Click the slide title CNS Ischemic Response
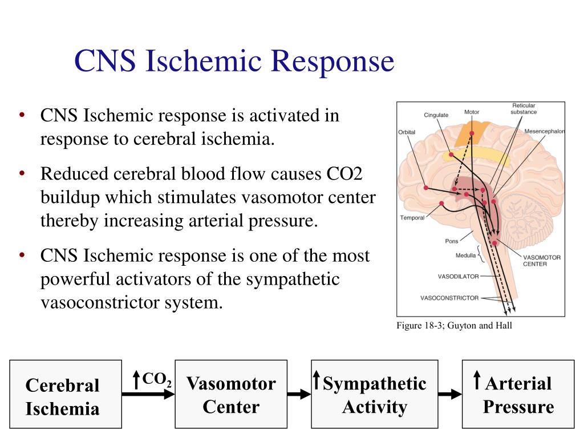pyautogui.click(x=234, y=62)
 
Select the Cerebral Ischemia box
pyautogui.click(x=65, y=394)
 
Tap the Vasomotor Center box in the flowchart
pyautogui.click(x=231, y=394)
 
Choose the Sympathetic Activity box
pyautogui.click(x=374, y=394)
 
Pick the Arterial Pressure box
pyautogui.click(x=518, y=394)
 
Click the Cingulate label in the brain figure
pyautogui.click(x=436, y=115)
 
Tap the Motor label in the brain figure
pyautogui.click(x=472, y=112)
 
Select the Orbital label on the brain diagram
pyautogui.click(x=407, y=132)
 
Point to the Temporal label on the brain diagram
pyautogui.click(x=412, y=218)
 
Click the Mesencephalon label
pyautogui.click(x=544, y=131)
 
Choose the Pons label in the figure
pyautogui.click(x=451, y=241)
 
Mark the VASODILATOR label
pyautogui.click(x=458, y=277)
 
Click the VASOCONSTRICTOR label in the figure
pyautogui.click(x=449, y=298)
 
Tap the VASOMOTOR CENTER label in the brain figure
pyautogui.click(x=541, y=261)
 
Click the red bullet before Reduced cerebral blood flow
pyautogui.click(x=22, y=172)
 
